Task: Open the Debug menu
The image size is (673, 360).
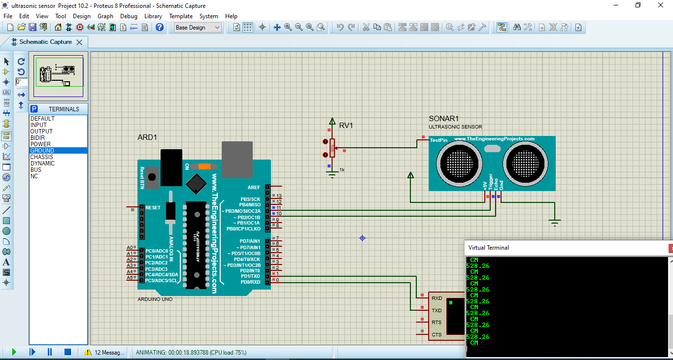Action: [x=129, y=16]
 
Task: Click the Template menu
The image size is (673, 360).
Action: [x=181, y=16]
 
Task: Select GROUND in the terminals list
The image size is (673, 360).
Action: [x=42, y=151]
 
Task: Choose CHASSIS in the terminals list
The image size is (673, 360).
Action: [x=42, y=157]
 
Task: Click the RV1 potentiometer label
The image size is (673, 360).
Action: [x=346, y=126]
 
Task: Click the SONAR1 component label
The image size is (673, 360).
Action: [x=443, y=119]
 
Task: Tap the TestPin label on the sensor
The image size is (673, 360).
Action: [x=438, y=140]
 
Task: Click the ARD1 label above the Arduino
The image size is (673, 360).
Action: [x=147, y=137]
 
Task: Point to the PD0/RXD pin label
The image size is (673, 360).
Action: [x=250, y=282]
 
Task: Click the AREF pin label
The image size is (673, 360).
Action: [x=254, y=188]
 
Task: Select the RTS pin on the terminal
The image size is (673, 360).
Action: [x=437, y=323]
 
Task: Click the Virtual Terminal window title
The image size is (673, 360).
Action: [x=488, y=248]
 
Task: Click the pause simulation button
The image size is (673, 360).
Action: [x=50, y=352]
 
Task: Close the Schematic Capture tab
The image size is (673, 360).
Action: [x=79, y=42]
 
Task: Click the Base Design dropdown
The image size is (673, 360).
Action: [x=198, y=28]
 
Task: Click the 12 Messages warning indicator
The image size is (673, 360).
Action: [x=104, y=353]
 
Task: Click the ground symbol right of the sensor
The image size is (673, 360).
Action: [x=555, y=223]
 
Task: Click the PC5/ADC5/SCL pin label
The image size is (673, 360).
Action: [x=161, y=281]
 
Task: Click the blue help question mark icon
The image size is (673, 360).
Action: [x=159, y=28]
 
